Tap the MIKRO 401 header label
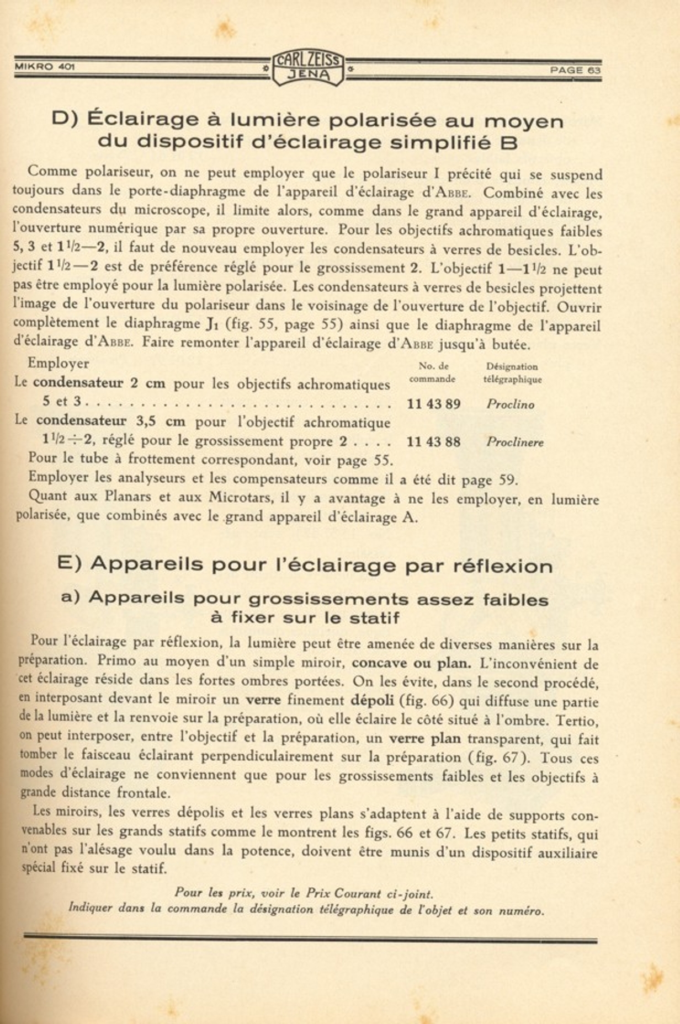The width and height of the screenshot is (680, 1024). click(x=45, y=67)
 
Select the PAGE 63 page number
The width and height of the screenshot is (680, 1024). click(x=575, y=70)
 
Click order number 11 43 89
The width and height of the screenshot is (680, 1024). click(x=433, y=404)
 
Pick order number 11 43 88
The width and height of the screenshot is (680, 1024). click(x=433, y=442)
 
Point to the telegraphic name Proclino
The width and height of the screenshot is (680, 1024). click(x=510, y=404)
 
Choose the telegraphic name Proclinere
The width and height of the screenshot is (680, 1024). click(x=514, y=442)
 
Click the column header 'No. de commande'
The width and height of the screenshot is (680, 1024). click(x=433, y=372)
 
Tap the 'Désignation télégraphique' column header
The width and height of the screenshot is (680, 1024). click(x=512, y=373)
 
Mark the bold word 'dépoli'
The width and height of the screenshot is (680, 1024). click(x=372, y=701)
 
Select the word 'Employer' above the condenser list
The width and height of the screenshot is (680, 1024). click(x=59, y=364)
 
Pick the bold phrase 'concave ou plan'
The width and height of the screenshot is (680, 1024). click(x=411, y=663)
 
